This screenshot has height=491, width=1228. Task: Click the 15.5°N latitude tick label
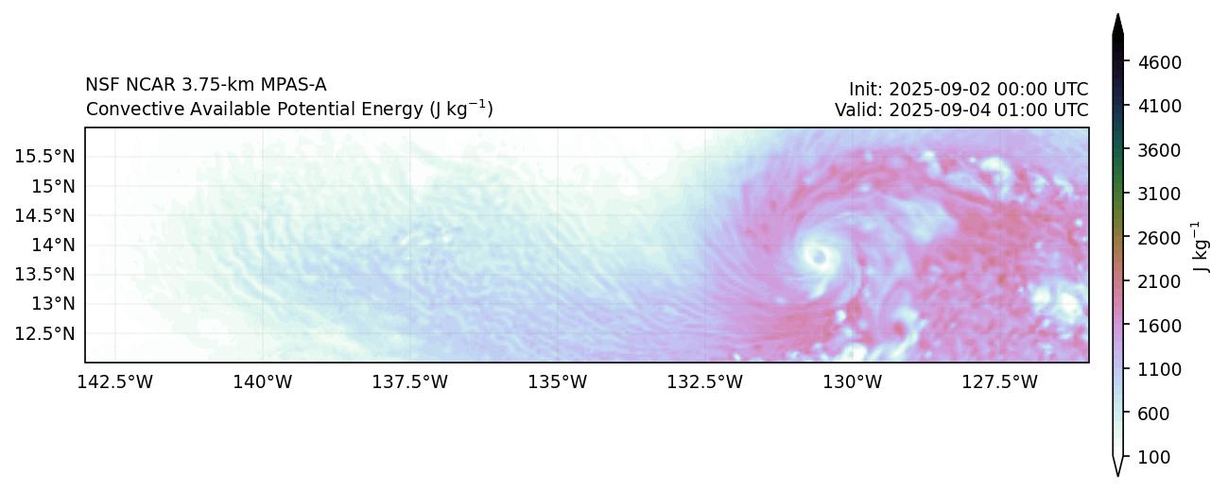(x=45, y=156)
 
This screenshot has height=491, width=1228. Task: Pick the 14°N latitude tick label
(x=53, y=245)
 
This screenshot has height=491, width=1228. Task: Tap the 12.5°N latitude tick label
(x=45, y=333)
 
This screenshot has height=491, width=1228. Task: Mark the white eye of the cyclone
(x=819, y=255)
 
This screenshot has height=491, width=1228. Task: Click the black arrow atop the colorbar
(x=1118, y=25)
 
